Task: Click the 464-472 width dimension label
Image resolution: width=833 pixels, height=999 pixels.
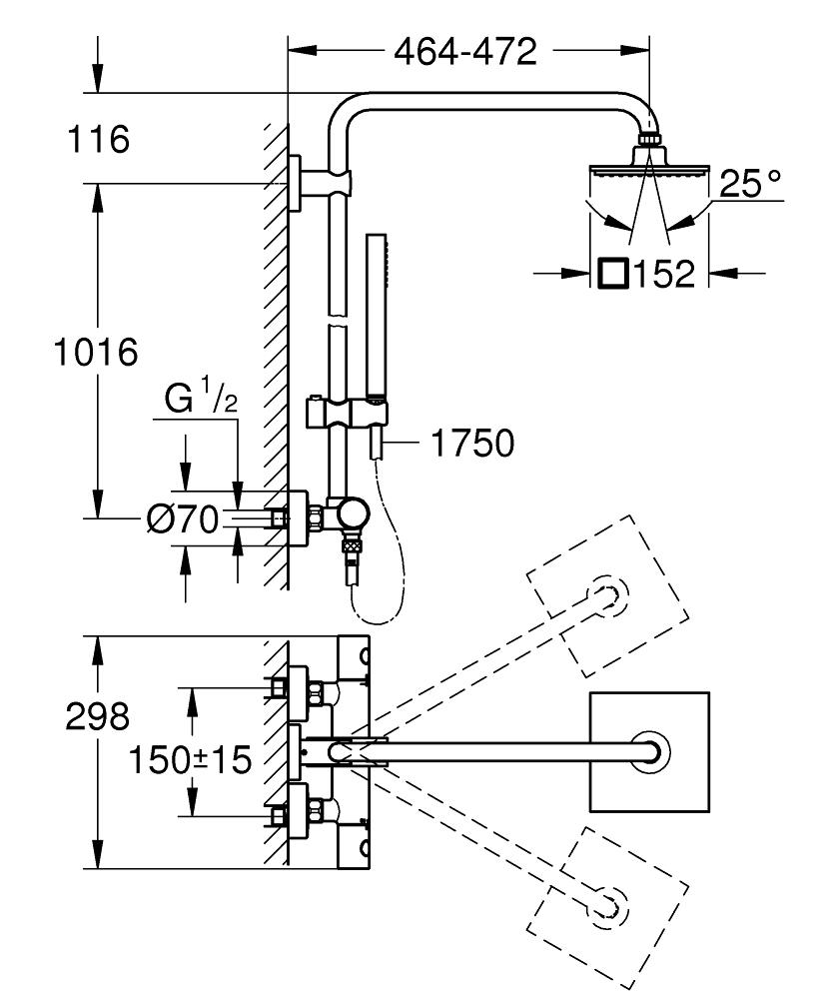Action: click(464, 52)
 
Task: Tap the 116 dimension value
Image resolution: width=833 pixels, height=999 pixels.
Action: click(98, 139)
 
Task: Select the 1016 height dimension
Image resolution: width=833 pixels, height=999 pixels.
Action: click(96, 352)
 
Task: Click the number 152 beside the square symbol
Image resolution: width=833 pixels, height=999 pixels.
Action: click(663, 274)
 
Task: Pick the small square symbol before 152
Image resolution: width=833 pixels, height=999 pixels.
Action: click(614, 274)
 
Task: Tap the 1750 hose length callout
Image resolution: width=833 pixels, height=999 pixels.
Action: click(472, 443)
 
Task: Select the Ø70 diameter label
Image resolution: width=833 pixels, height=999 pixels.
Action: click(182, 519)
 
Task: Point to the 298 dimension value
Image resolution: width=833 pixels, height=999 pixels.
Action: click(98, 715)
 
